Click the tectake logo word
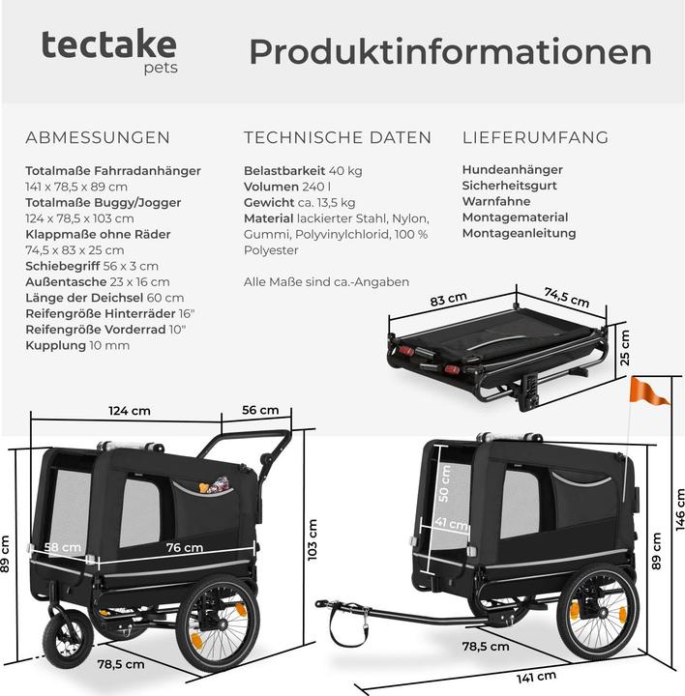pos(108,44)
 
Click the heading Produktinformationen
pos(450,52)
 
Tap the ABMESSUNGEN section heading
pos(98,137)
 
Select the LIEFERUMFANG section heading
pos(535,137)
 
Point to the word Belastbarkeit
pos(284,170)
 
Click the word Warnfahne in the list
pos(496,201)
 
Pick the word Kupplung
pos(55,346)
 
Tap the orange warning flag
pos(648,391)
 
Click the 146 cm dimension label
pos(679,509)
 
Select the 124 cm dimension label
pos(130,411)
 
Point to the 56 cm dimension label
pos(260,410)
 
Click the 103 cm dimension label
pos(313,539)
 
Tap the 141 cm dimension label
pos(536,678)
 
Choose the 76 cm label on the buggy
pos(185,548)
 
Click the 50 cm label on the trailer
pos(444,483)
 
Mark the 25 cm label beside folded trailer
pos(624,347)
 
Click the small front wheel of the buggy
pos(68,638)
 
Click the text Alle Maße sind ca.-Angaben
pos(326,282)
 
